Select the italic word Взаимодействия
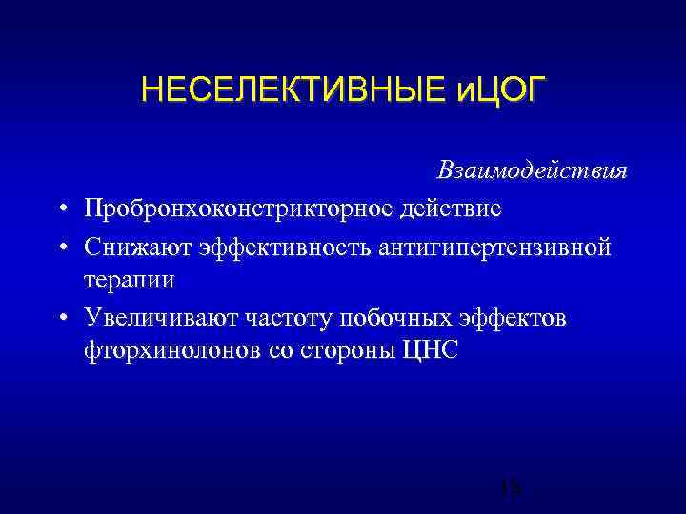coord(546,171)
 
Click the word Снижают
coord(137,247)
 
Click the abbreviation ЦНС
coord(431,350)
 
